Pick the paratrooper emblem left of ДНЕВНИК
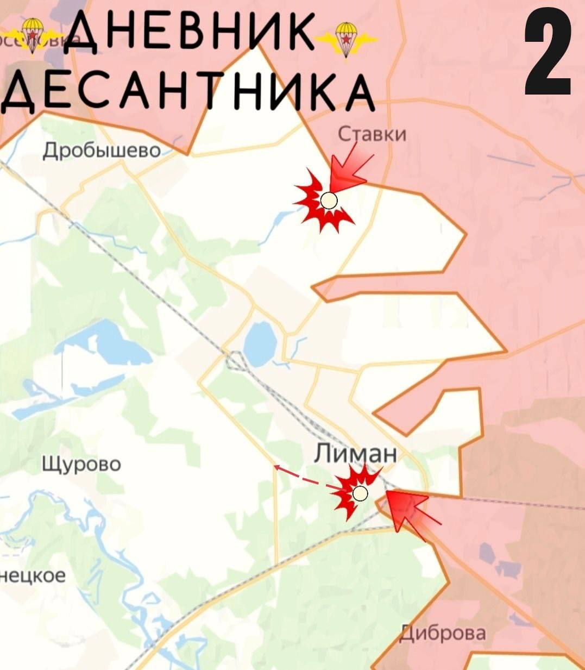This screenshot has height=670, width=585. [34, 34]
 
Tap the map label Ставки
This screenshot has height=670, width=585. [372, 134]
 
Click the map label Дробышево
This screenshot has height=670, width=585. [102, 150]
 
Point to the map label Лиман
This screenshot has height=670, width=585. [356, 453]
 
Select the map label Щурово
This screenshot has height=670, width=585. [81, 465]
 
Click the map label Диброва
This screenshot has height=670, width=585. [443, 633]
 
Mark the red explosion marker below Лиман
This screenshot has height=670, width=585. [353, 492]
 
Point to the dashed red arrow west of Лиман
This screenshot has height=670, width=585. [304, 476]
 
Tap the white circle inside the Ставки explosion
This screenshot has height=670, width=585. [329, 201]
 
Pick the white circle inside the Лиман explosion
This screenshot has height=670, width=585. [360, 493]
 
